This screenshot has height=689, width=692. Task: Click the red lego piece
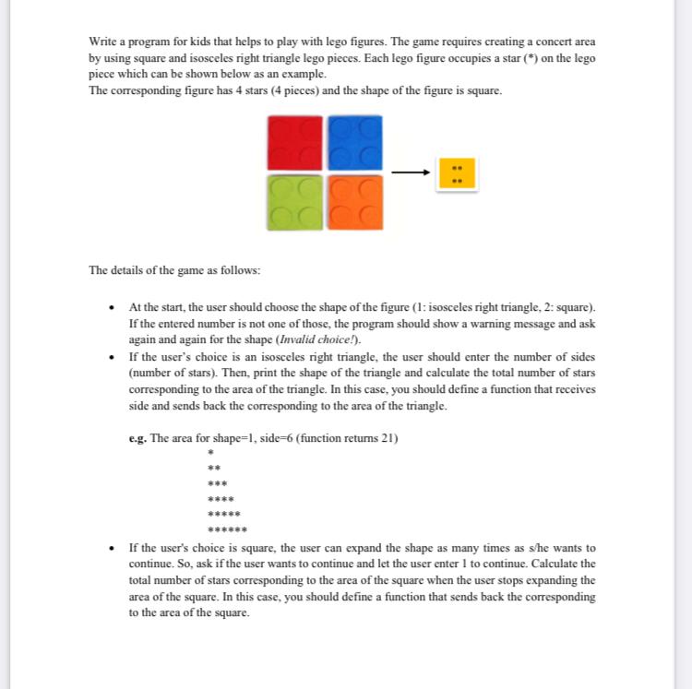coord(294,142)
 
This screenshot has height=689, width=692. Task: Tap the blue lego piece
coord(352,142)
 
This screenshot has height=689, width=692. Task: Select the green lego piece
coord(294,202)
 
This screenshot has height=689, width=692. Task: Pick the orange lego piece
coord(352,202)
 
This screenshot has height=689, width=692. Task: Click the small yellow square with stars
coord(457,173)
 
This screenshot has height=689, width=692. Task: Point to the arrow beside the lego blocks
coord(411,172)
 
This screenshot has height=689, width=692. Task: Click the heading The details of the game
coord(174,270)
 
